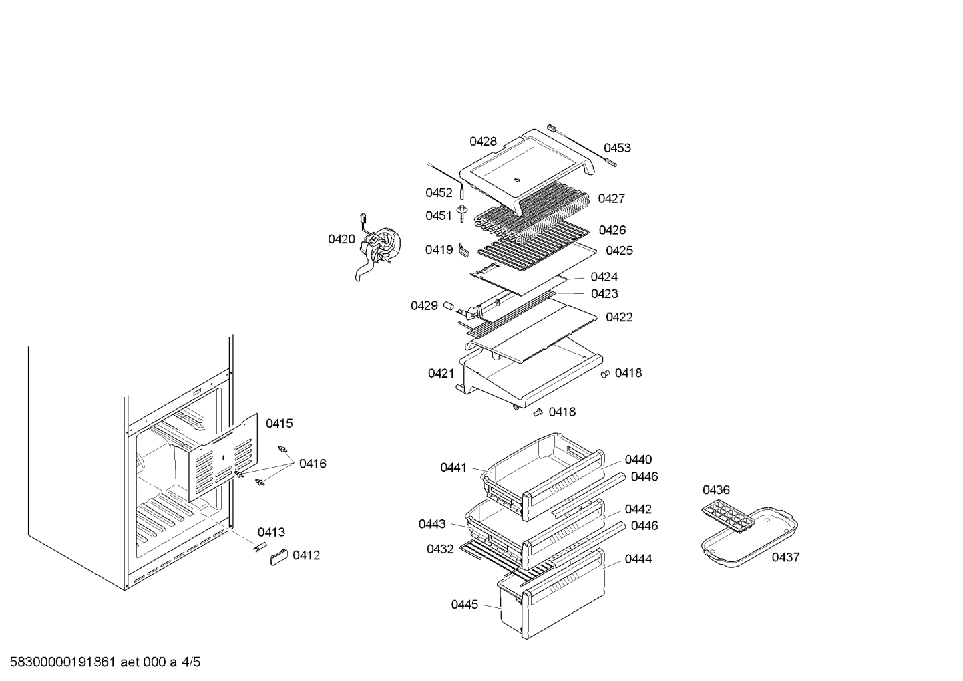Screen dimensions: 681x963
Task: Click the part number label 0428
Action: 482,142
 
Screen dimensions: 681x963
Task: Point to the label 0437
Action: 785,557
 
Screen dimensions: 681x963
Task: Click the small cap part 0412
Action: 278,557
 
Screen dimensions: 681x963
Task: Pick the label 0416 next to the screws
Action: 313,464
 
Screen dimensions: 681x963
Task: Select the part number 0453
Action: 617,148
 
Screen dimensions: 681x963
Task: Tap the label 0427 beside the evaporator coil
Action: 611,198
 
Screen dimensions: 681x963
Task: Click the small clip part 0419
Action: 465,250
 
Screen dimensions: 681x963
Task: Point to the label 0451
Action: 439,216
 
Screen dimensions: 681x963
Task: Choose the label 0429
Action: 424,306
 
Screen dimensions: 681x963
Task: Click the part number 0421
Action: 441,374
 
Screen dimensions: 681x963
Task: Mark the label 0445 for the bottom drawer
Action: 464,605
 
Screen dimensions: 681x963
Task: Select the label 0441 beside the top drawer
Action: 453,468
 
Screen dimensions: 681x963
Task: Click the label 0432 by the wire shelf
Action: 440,549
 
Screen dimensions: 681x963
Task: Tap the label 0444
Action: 638,559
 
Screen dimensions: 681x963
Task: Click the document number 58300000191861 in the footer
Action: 64,662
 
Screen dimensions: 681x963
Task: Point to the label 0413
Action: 271,533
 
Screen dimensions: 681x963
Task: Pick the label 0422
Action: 619,317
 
